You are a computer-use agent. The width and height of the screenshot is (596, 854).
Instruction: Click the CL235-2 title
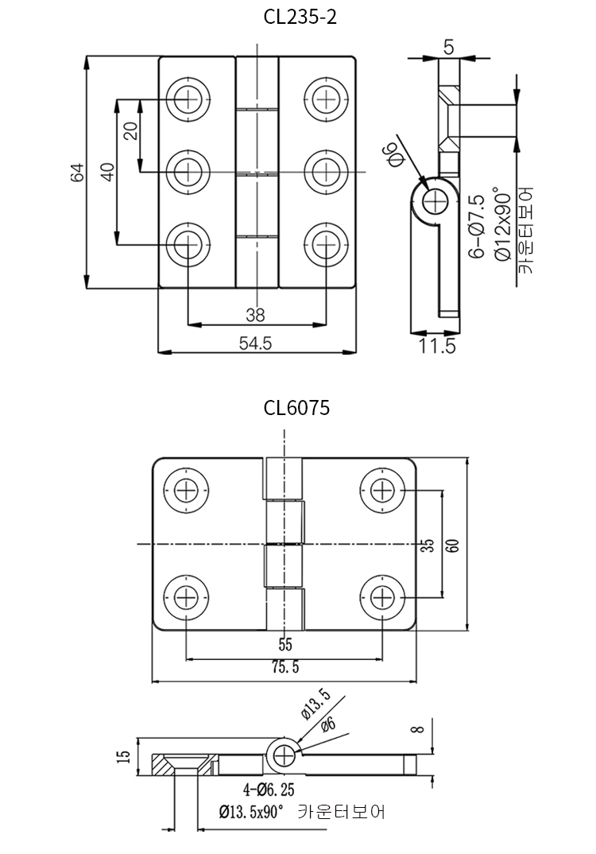[300, 17]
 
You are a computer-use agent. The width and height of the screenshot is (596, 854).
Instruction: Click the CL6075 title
[296, 408]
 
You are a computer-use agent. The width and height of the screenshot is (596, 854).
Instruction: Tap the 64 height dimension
[76, 172]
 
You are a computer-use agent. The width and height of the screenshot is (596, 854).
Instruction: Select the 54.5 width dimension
[256, 343]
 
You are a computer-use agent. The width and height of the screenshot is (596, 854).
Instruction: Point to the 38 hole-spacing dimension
[255, 315]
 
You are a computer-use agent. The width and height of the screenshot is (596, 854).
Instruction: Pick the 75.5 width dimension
[284, 669]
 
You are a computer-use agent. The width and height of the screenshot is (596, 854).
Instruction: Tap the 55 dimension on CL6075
[285, 644]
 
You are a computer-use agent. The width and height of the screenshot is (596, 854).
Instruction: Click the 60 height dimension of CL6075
[452, 545]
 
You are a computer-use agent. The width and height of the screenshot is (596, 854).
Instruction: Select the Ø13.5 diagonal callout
[315, 704]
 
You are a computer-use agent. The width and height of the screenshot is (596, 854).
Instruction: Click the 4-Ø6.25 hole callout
[269, 790]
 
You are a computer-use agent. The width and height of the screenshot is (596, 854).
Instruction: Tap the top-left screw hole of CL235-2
[189, 99]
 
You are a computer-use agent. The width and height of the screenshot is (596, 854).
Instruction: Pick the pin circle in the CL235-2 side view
[435, 200]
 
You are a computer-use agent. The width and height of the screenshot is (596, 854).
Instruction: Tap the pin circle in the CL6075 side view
[283, 752]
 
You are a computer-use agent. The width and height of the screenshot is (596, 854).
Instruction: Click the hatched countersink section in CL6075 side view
[167, 767]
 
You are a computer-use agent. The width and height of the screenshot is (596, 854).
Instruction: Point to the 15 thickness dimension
[122, 756]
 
